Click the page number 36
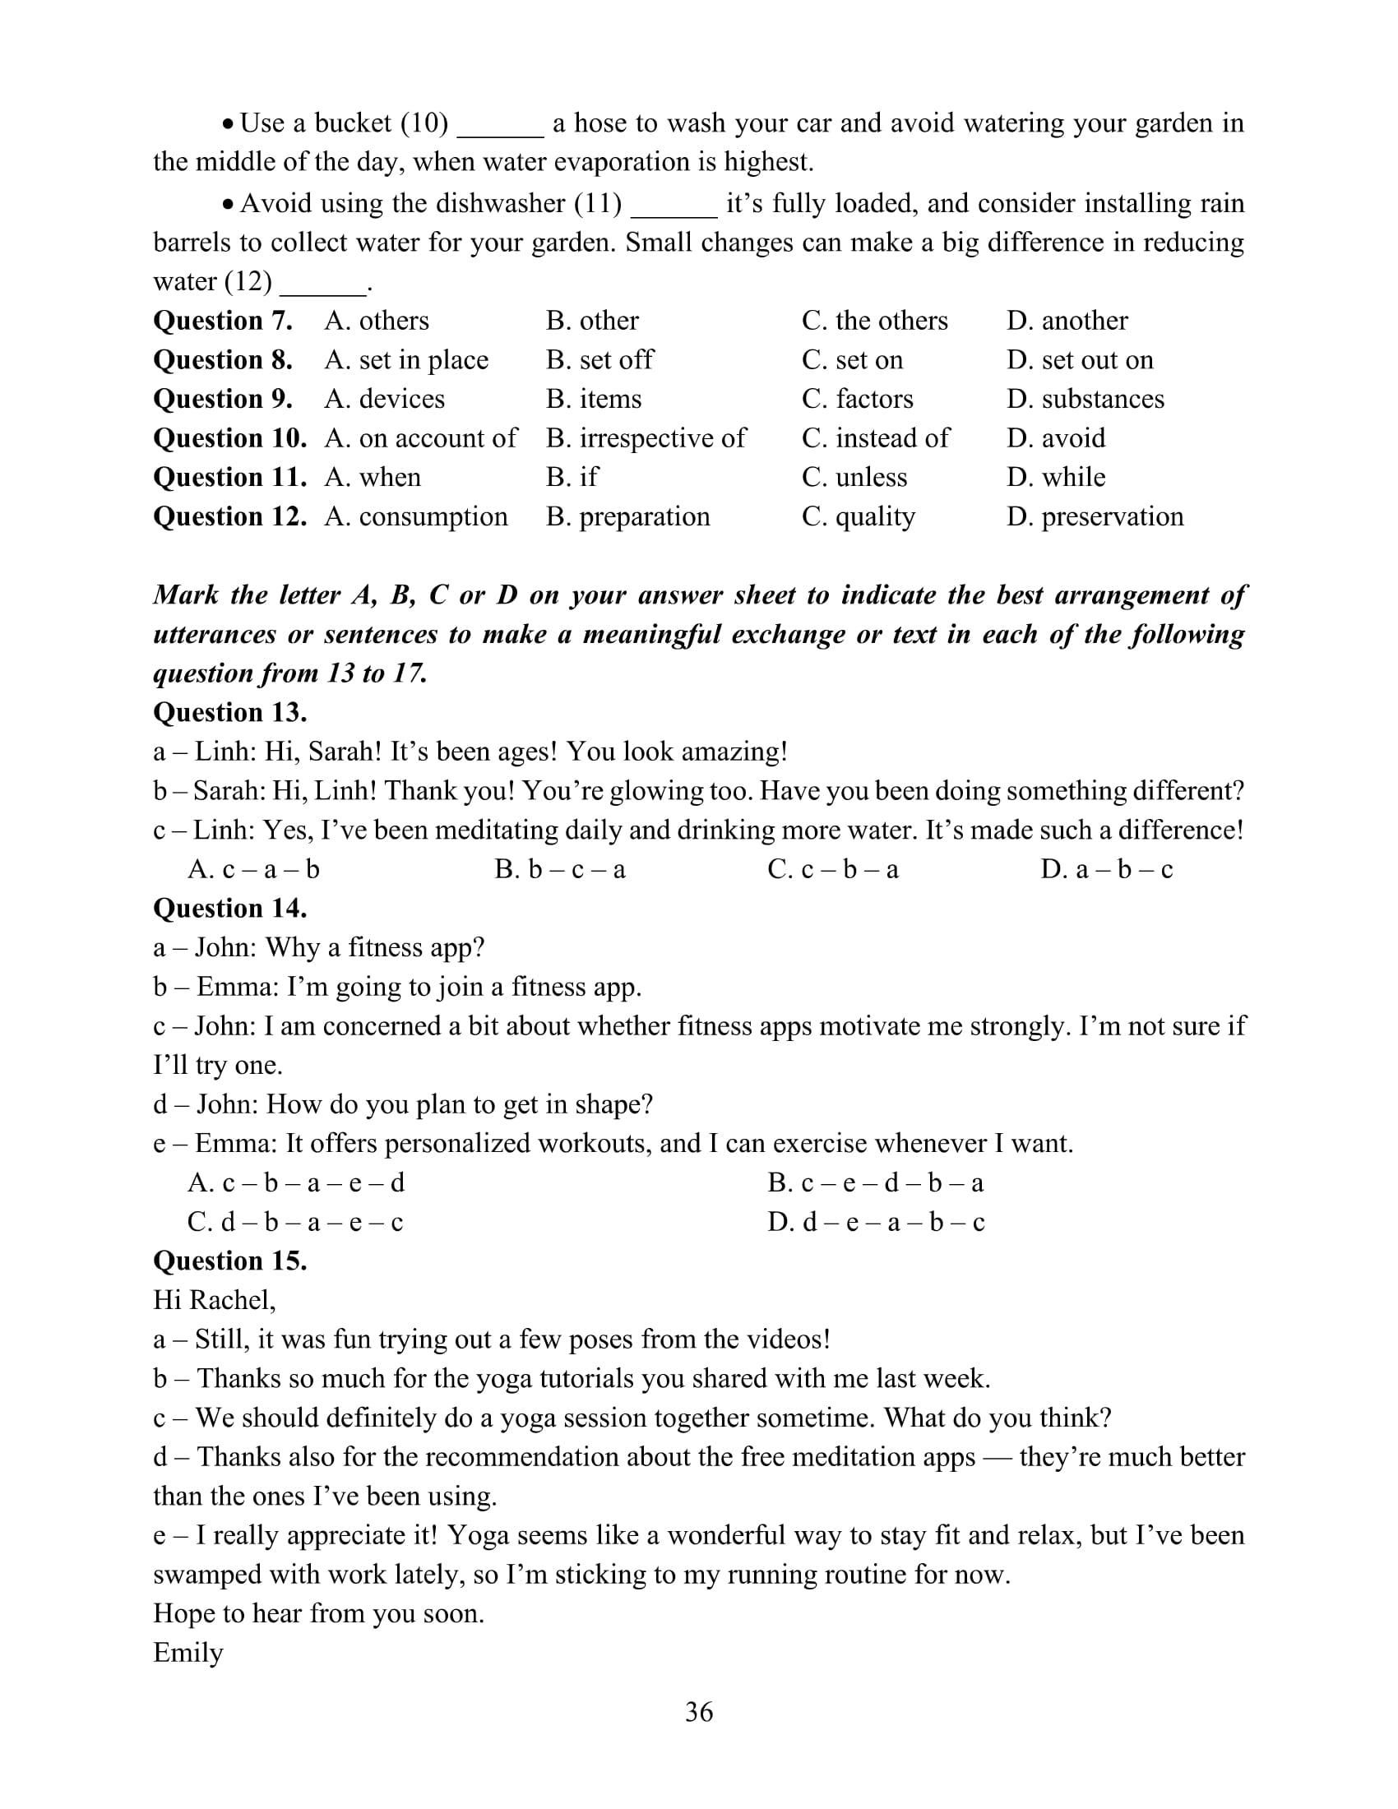(x=698, y=1711)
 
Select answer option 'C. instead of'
(x=876, y=437)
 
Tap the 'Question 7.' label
(x=223, y=321)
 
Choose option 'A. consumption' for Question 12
(x=416, y=516)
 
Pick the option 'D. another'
(x=1067, y=321)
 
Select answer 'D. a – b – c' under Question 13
(x=1106, y=869)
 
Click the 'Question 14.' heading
(x=230, y=908)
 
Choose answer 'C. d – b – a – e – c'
(x=296, y=1222)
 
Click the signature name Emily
(x=189, y=1653)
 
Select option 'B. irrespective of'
(x=646, y=437)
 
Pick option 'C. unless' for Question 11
(x=854, y=477)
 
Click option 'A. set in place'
(x=405, y=359)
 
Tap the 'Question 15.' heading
(x=230, y=1261)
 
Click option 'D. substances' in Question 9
(x=1085, y=399)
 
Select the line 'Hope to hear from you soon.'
(x=319, y=1612)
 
